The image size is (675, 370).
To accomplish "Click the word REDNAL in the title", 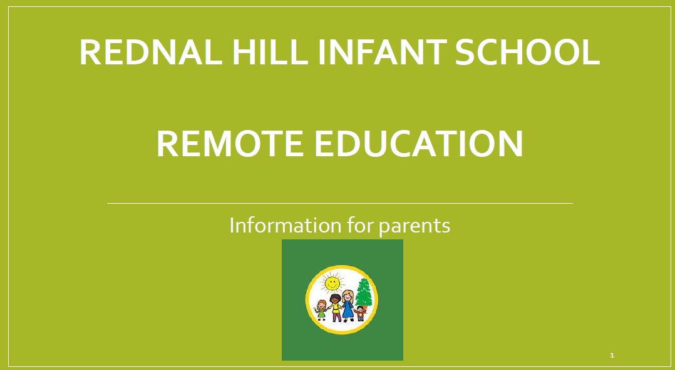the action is (151, 52).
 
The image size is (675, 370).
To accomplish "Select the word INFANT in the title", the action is (381, 52).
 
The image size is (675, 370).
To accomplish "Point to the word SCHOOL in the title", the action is (527, 52).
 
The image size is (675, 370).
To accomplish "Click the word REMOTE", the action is (230, 144).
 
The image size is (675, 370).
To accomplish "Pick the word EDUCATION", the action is (419, 144).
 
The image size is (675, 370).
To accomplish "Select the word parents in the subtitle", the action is (415, 227).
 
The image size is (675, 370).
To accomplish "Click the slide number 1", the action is (612, 356).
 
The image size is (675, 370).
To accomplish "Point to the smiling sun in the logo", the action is (332, 282).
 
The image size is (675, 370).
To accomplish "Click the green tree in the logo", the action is (364, 293).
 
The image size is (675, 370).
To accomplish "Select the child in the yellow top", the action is (336, 307).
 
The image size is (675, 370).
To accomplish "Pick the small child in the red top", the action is (360, 313).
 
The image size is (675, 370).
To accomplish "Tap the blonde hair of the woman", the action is (348, 296).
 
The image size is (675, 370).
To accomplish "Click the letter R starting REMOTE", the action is (167, 144).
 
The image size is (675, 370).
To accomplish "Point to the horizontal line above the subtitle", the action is (339, 203).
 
